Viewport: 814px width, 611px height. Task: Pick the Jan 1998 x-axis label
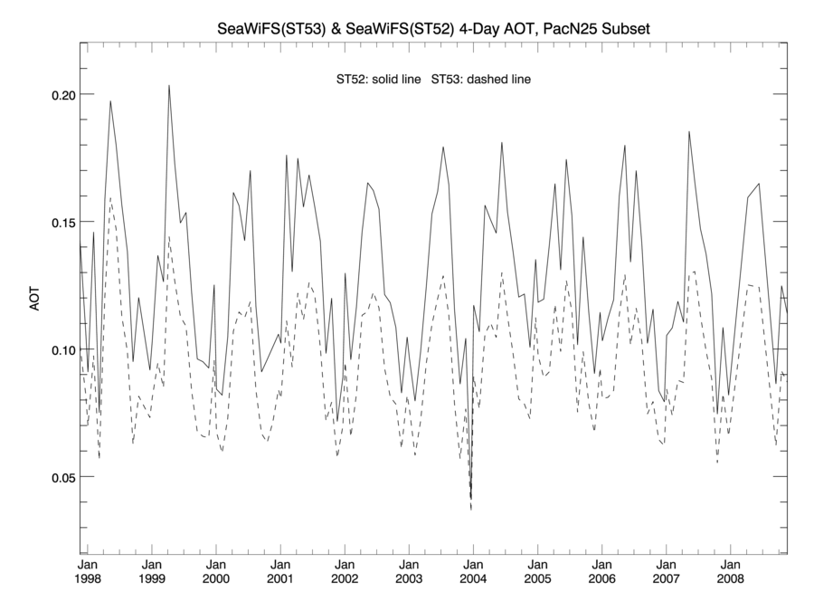88,570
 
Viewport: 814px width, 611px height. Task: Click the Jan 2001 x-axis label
280,570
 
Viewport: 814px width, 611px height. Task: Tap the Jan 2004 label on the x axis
473,570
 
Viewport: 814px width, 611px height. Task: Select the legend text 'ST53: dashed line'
481,80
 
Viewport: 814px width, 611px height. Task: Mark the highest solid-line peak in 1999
169,86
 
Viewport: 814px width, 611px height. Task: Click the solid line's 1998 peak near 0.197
110,101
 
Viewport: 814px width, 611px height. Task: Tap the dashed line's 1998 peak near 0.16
110,197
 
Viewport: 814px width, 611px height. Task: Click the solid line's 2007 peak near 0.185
689,132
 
